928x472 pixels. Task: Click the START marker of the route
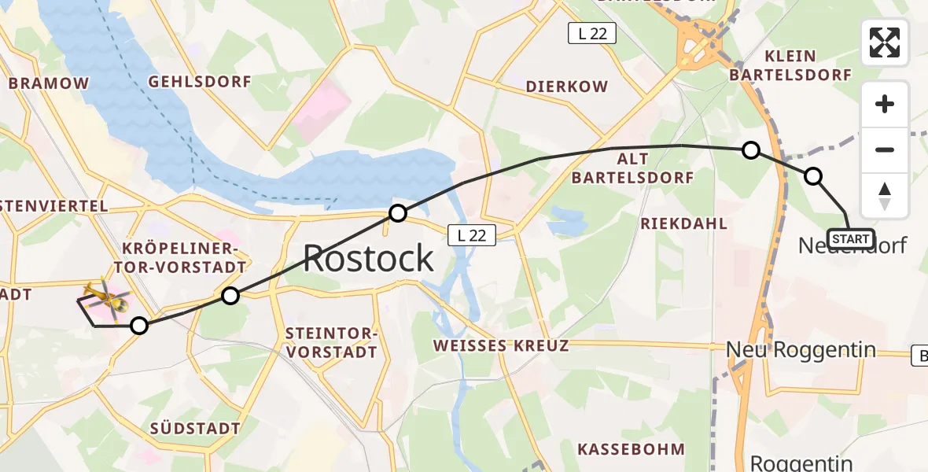pos(850,238)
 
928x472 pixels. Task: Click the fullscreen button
pos(885,42)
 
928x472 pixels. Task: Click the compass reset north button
pos(885,196)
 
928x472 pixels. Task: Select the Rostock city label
pos(368,258)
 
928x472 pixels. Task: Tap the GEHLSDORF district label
pos(200,82)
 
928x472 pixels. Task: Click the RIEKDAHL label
pos(683,223)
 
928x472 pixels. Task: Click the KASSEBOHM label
pos(631,449)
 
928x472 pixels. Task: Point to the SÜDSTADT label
pos(195,429)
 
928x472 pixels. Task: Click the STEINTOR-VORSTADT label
pos(332,344)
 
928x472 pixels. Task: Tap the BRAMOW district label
pos(49,83)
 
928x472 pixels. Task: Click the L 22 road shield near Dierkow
pos(591,33)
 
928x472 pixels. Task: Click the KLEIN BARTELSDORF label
pos(790,66)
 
